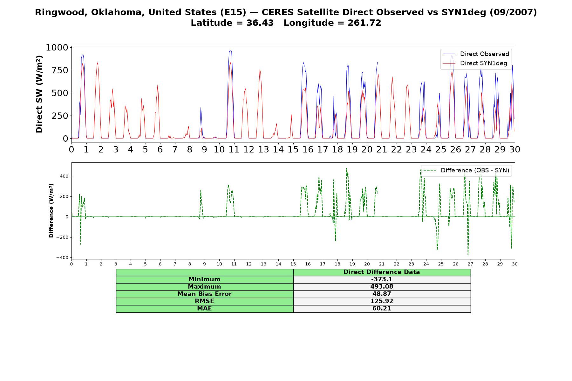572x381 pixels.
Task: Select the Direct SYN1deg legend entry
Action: [475, 63]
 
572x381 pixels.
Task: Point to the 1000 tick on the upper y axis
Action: [57, 48]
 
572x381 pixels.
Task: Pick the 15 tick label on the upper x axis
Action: [293, 149]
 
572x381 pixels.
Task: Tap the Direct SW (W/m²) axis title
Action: [39, 94]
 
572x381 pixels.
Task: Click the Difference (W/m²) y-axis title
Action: [51, 211]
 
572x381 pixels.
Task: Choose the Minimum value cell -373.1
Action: [382, 279]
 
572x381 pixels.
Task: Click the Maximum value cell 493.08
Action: [382, 287]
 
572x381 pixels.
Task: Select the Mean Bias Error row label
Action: [204, 294]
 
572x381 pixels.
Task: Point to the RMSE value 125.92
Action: [382, 301]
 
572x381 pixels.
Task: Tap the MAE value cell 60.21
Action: [382, 309]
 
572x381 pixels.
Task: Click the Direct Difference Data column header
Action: [382, 272]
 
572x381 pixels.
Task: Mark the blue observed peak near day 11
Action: [230, 50]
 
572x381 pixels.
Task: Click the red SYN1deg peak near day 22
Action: [392, 77]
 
